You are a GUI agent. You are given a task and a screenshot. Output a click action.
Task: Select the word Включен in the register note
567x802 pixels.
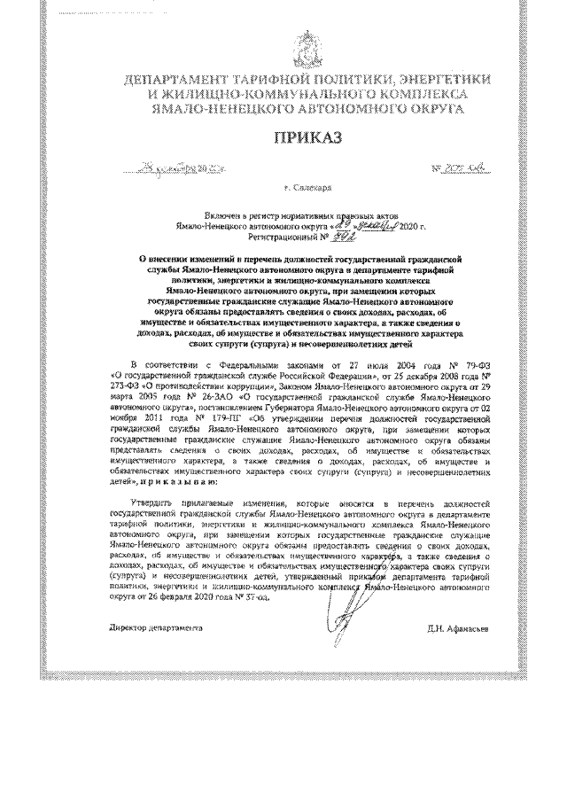pyautogui.click(x=221, y=216)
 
